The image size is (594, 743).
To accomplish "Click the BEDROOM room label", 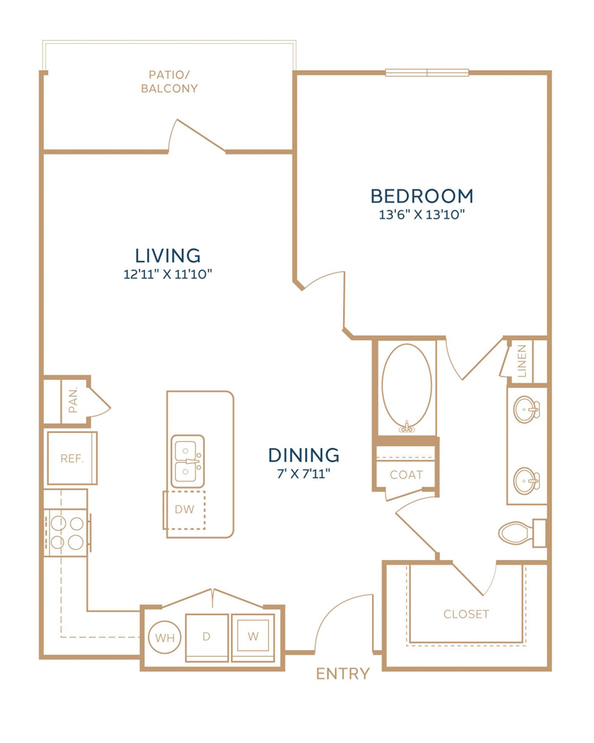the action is coord(422,195).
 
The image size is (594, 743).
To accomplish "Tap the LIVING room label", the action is coord(168,256).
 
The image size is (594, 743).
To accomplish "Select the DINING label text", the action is coord(304,455).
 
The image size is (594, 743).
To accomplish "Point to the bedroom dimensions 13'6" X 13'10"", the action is coord(422,215).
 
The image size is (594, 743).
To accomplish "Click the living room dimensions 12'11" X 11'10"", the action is coord(168,274).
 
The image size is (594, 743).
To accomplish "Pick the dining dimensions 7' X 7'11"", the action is coord(304,473).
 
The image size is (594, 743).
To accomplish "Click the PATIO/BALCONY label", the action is coord(169,82).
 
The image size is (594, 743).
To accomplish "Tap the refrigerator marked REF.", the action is coord(72,458).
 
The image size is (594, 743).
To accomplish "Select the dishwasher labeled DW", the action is coord(184,510).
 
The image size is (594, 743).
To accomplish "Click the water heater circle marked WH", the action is coord(165,637).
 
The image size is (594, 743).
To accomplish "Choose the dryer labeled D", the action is coord(206,637).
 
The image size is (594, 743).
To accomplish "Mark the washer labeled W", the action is coord(253,637).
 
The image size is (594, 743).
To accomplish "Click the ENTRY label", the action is coord(342,673).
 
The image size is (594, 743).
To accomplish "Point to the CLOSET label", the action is coord(466,614).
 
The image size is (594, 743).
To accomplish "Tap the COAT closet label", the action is coord(406,475).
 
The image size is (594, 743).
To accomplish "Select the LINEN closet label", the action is coord(521,361).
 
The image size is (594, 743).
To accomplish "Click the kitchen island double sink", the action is coord(188,461).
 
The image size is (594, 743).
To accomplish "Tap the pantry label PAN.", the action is coord(73,400).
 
